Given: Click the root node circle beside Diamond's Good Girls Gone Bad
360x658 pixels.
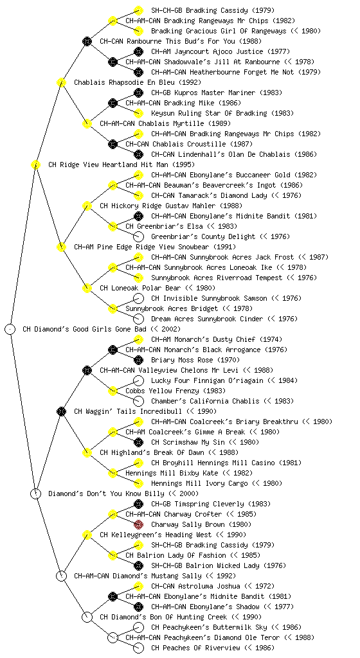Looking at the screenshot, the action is click(x=10, y=329).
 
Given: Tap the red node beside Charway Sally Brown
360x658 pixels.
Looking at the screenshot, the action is click(x=138, y=524).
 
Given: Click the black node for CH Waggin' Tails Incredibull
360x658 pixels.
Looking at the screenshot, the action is click(x=61, y=411).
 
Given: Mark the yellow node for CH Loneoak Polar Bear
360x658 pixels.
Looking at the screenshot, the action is click(x=87, y=288).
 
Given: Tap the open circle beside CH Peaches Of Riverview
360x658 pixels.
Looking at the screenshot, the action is click(x=138, y=648).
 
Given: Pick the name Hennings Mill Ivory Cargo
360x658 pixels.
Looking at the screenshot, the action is click(x=199, y=483).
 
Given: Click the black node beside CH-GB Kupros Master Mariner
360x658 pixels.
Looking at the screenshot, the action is click(x=138, y=93).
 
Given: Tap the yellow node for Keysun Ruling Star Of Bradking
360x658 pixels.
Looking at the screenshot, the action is click(x=138, y=113).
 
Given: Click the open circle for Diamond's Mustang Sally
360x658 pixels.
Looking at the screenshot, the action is click(x=61, y=576).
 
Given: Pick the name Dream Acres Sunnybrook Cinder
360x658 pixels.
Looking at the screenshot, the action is click(x=207, y=319).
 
